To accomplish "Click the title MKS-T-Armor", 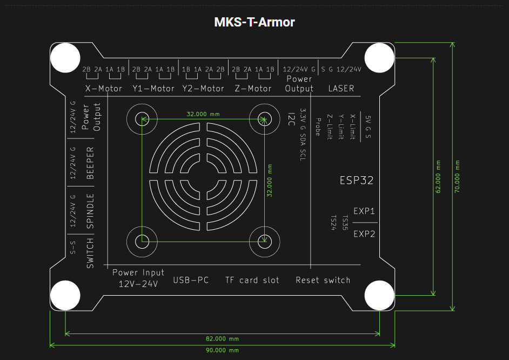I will point(254,22).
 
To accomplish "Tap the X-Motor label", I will point(104,88).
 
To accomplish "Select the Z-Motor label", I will point(253,88).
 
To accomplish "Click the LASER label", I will point(341,88).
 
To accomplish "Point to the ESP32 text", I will point(356,181).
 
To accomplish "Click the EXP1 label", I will point(364,211).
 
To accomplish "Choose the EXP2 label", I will point(364,234).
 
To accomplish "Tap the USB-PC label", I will point(191,280).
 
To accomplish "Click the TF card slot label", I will point(252,280).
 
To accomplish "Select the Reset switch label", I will point(323,280).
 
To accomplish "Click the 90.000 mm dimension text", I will point(222,350).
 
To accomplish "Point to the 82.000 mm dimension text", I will point(222,339).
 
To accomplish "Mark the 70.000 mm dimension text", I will point(457,176).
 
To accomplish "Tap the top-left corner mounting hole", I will point(65,57).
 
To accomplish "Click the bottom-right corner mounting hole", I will point(379,296).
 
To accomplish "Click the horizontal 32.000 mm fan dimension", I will point(203,115).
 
